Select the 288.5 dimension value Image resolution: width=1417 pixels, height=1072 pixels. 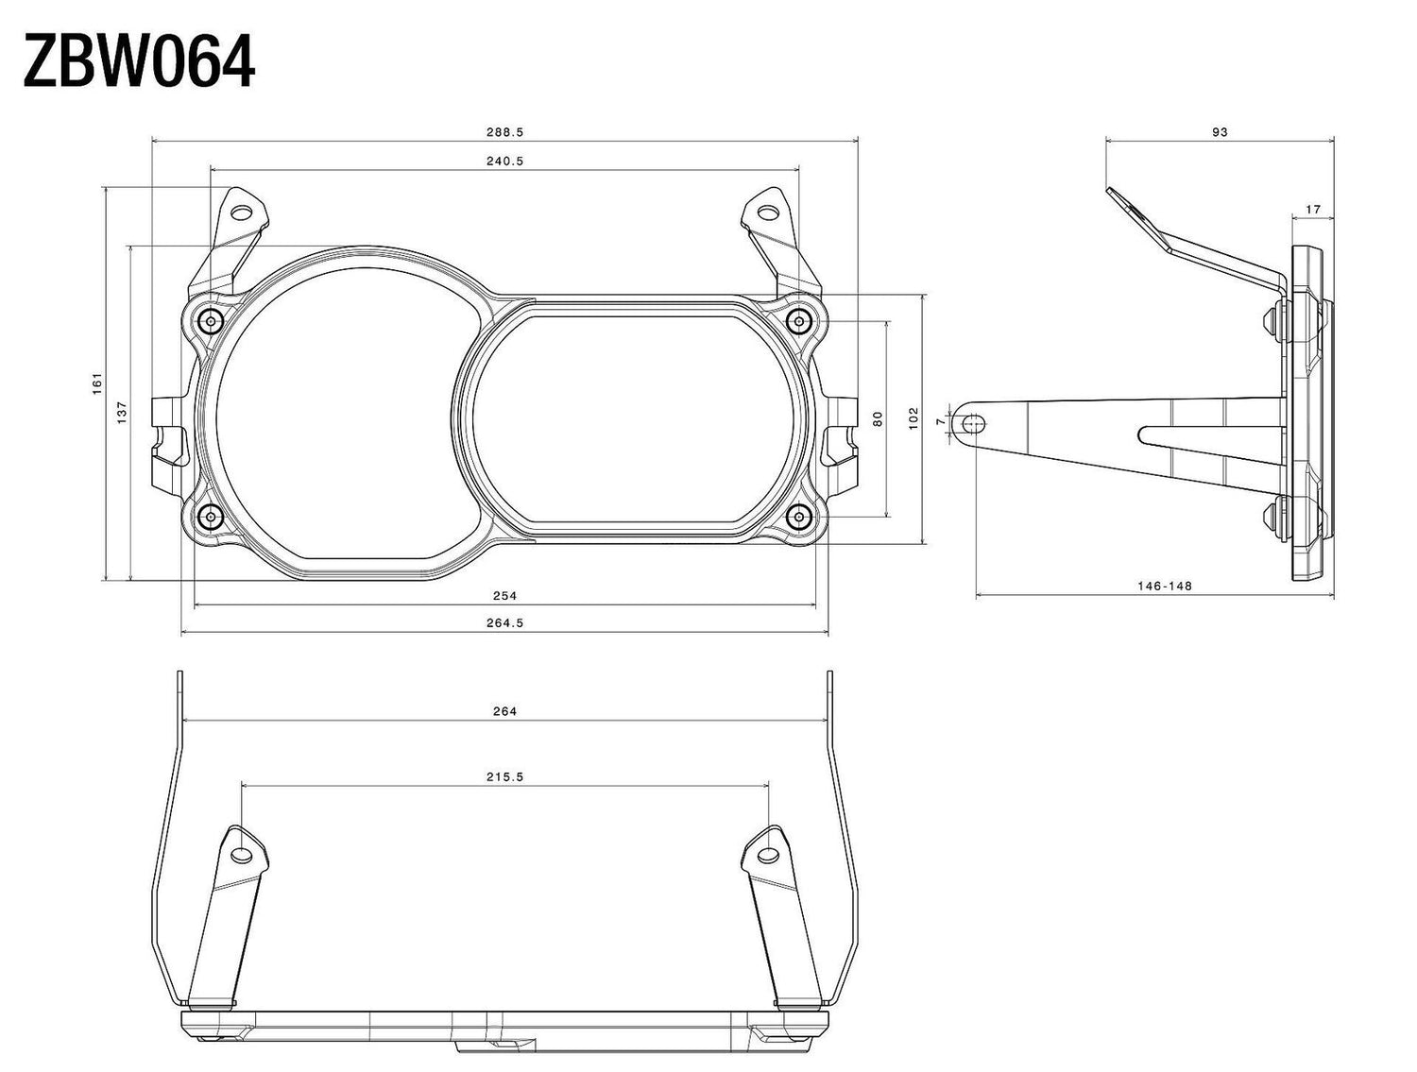pos(504,132)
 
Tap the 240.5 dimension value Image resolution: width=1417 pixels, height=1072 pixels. pos(504,162)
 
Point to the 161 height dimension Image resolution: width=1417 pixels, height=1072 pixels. pos(97,383)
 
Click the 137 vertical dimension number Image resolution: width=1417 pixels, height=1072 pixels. pos(123,413)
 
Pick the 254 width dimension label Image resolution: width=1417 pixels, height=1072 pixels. pos(504,596)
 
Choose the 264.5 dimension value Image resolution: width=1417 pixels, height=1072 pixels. pos(504,622)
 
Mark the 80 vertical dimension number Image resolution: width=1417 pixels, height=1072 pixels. pos(878,418)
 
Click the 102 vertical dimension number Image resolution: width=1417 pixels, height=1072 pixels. pos(913,418)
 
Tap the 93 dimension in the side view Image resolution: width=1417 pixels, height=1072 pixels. pos(1220,132)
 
